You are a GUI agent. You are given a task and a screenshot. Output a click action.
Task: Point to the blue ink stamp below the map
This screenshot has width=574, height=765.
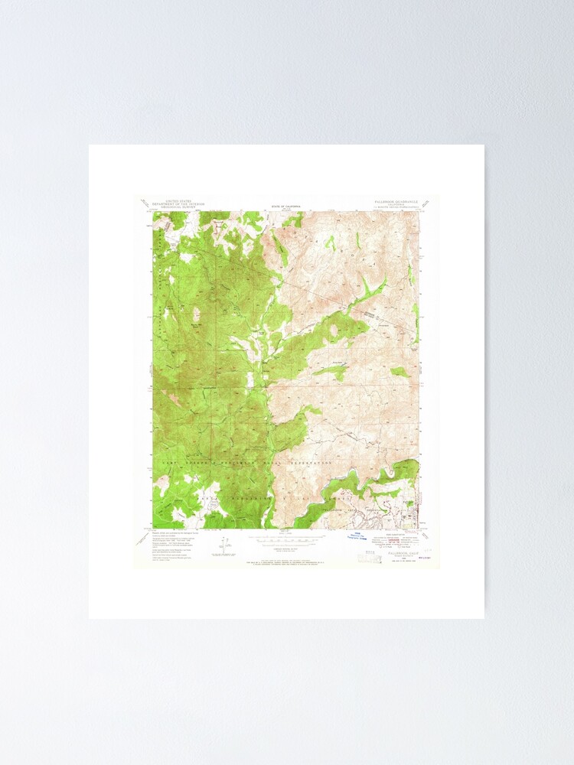coord(354,536)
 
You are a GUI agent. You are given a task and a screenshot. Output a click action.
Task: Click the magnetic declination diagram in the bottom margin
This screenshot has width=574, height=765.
coord(222,545)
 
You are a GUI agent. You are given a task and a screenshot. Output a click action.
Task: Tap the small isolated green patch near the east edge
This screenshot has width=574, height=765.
coord(400,372)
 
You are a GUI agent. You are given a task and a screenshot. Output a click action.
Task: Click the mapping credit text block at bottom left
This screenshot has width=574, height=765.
coord(171,544)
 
